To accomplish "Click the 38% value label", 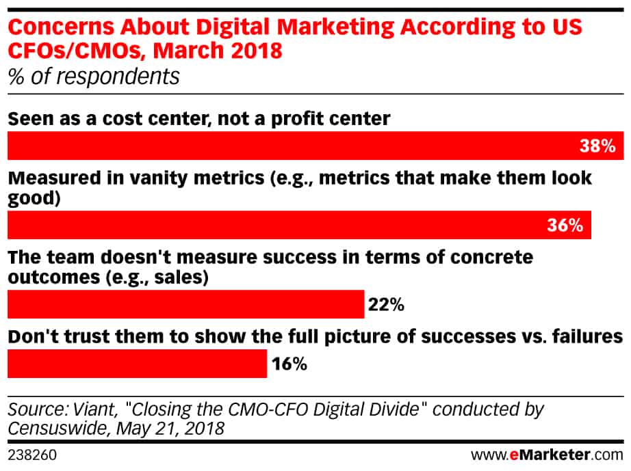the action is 597,146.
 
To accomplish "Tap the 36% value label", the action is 565,226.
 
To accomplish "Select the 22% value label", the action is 386,305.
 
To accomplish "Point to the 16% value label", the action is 289,364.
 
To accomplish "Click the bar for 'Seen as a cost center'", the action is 315,146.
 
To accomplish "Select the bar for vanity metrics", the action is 299,225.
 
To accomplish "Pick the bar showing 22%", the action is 186,304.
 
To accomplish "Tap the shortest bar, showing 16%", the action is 138,363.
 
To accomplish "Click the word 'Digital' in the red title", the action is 233,28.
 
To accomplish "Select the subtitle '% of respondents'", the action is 94,77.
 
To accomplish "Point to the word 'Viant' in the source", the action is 95,409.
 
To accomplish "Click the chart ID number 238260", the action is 32,455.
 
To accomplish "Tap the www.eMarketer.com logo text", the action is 548,455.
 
